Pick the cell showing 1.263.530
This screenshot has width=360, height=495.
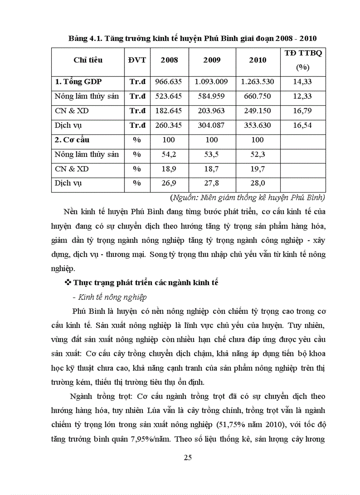[x=257, y=82]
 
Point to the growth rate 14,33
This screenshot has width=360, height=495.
[x=302, y=82]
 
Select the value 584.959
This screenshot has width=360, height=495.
[x=212, y=96]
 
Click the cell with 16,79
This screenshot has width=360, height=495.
[x=302, y=111]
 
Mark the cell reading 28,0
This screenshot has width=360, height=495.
[x=257, y=183]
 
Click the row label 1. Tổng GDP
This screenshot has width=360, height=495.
[x=79, y=82]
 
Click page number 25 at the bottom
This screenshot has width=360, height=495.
[x=187, y=457]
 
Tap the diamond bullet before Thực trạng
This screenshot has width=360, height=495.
[x=68, y=282]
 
